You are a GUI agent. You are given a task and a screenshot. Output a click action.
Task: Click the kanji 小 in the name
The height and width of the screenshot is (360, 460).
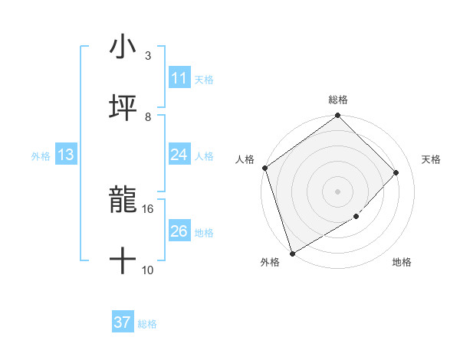click(123, 47)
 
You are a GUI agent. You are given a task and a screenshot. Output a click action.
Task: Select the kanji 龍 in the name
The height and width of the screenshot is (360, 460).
click(123, 200)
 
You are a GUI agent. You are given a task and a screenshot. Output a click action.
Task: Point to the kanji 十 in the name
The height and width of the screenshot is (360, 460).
click(123, 260)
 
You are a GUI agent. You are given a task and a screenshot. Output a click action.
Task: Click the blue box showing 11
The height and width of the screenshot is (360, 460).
click(179, 78)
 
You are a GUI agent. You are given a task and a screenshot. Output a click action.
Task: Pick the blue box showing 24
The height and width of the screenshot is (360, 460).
click(179, 155)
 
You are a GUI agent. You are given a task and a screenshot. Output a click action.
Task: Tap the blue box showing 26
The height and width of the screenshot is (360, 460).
click(179, 231)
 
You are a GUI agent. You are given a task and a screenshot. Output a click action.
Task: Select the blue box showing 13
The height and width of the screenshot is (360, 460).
click(65, 155)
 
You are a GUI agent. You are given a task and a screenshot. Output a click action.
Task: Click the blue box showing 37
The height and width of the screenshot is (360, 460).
click(122, 322)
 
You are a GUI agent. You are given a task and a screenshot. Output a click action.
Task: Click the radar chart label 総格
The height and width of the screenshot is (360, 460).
click(338, 100)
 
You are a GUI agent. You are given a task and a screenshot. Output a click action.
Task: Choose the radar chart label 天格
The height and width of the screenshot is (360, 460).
click(431, 159)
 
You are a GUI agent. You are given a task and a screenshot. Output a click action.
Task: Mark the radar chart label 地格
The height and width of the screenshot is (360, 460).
click(402, 263)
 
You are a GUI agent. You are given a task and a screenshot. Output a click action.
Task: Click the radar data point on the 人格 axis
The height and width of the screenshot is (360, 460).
click(264, 168)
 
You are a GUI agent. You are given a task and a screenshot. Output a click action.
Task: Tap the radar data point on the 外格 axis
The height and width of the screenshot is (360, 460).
click(292, 253)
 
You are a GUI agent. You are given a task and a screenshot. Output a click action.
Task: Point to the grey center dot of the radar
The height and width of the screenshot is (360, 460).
click(337, 191)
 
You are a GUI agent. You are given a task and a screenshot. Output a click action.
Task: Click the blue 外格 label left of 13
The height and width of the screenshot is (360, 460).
click(41, 155)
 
